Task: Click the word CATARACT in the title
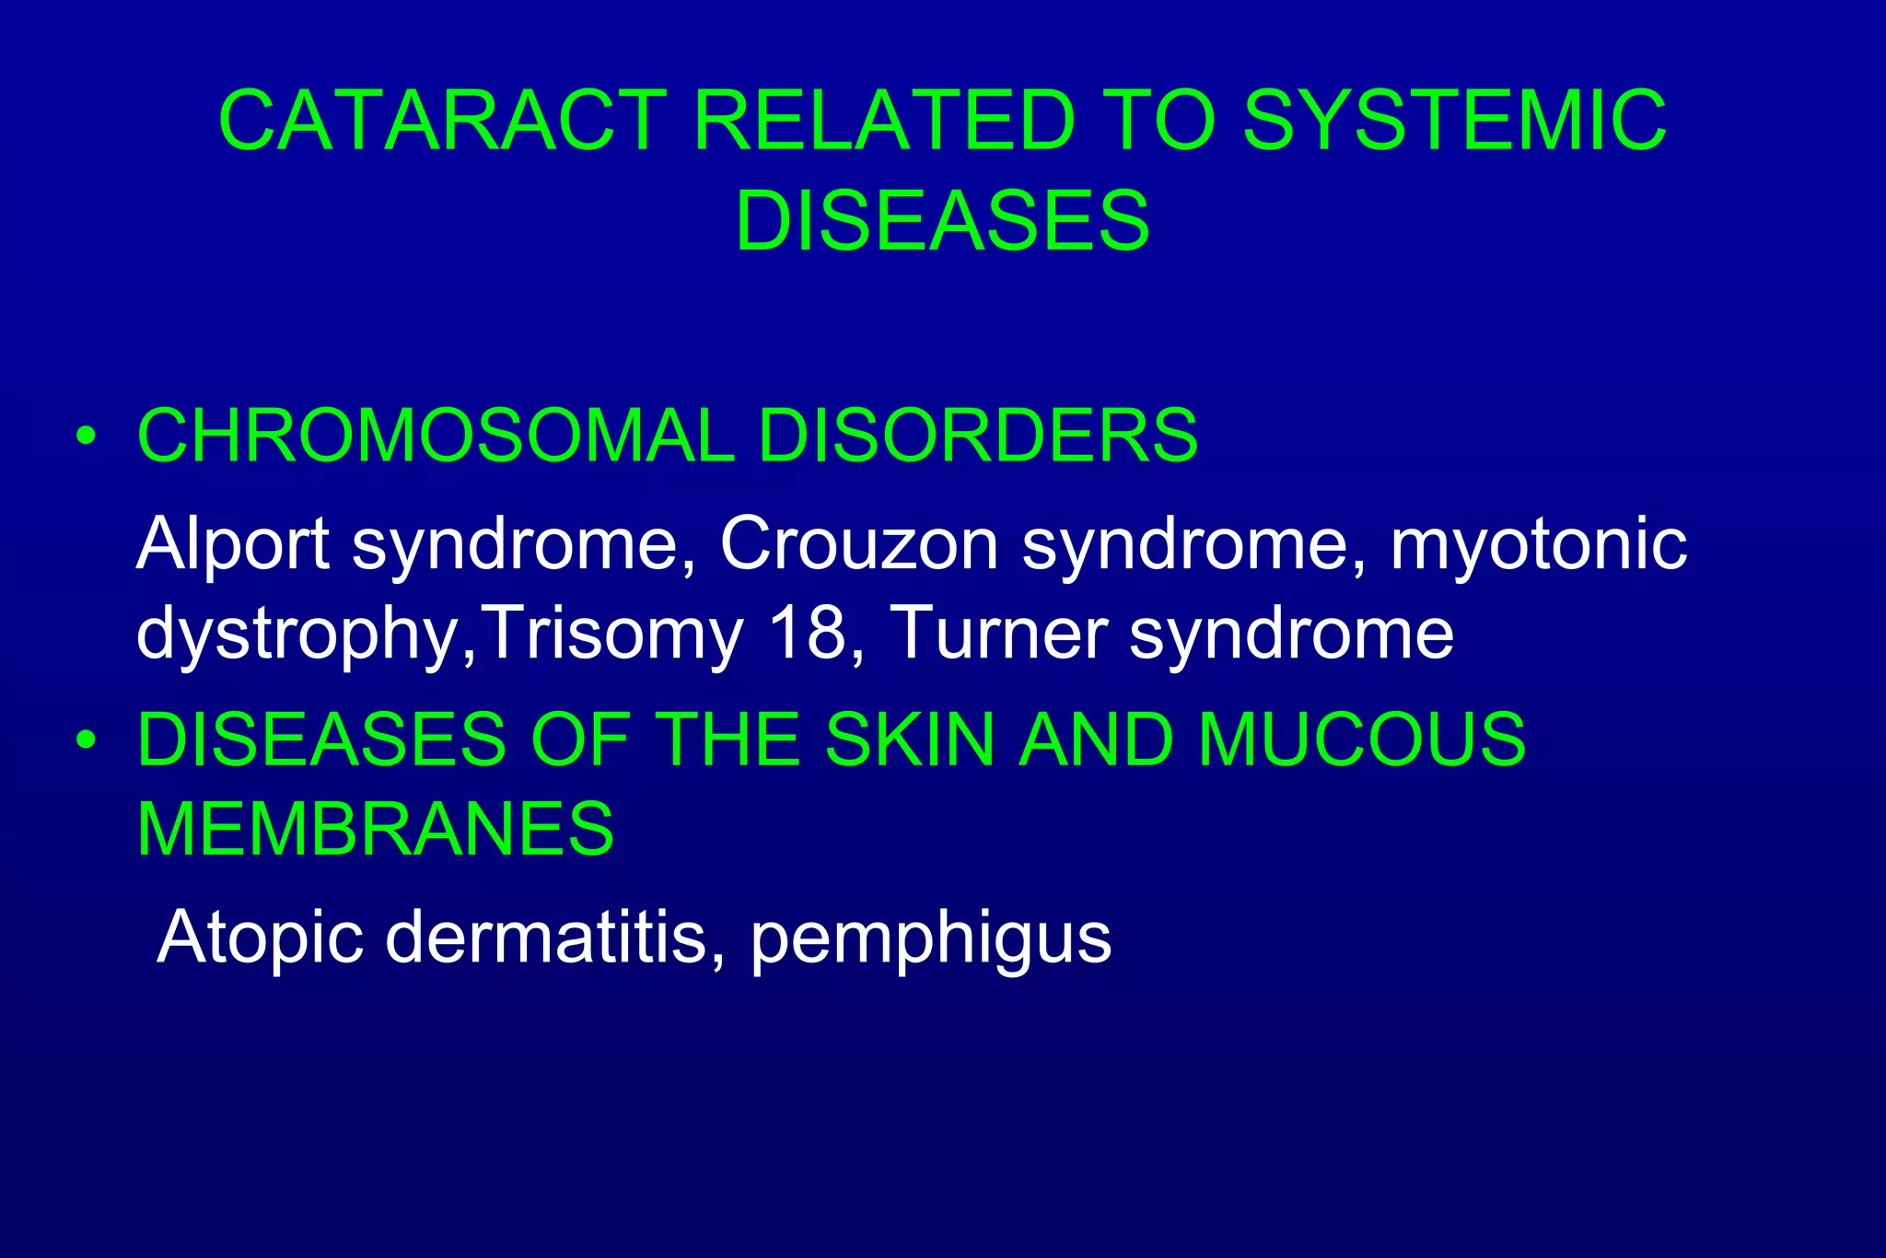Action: coord(442,121)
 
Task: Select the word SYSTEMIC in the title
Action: coord(1455,121)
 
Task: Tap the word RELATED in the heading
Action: coord(884,121)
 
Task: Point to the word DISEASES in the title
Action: coord(942,221)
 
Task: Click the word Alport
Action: coord(233,544)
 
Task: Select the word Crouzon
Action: coord(859,544)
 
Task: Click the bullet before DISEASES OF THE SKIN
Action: coord(87,740)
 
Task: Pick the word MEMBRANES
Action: coord(376,829)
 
